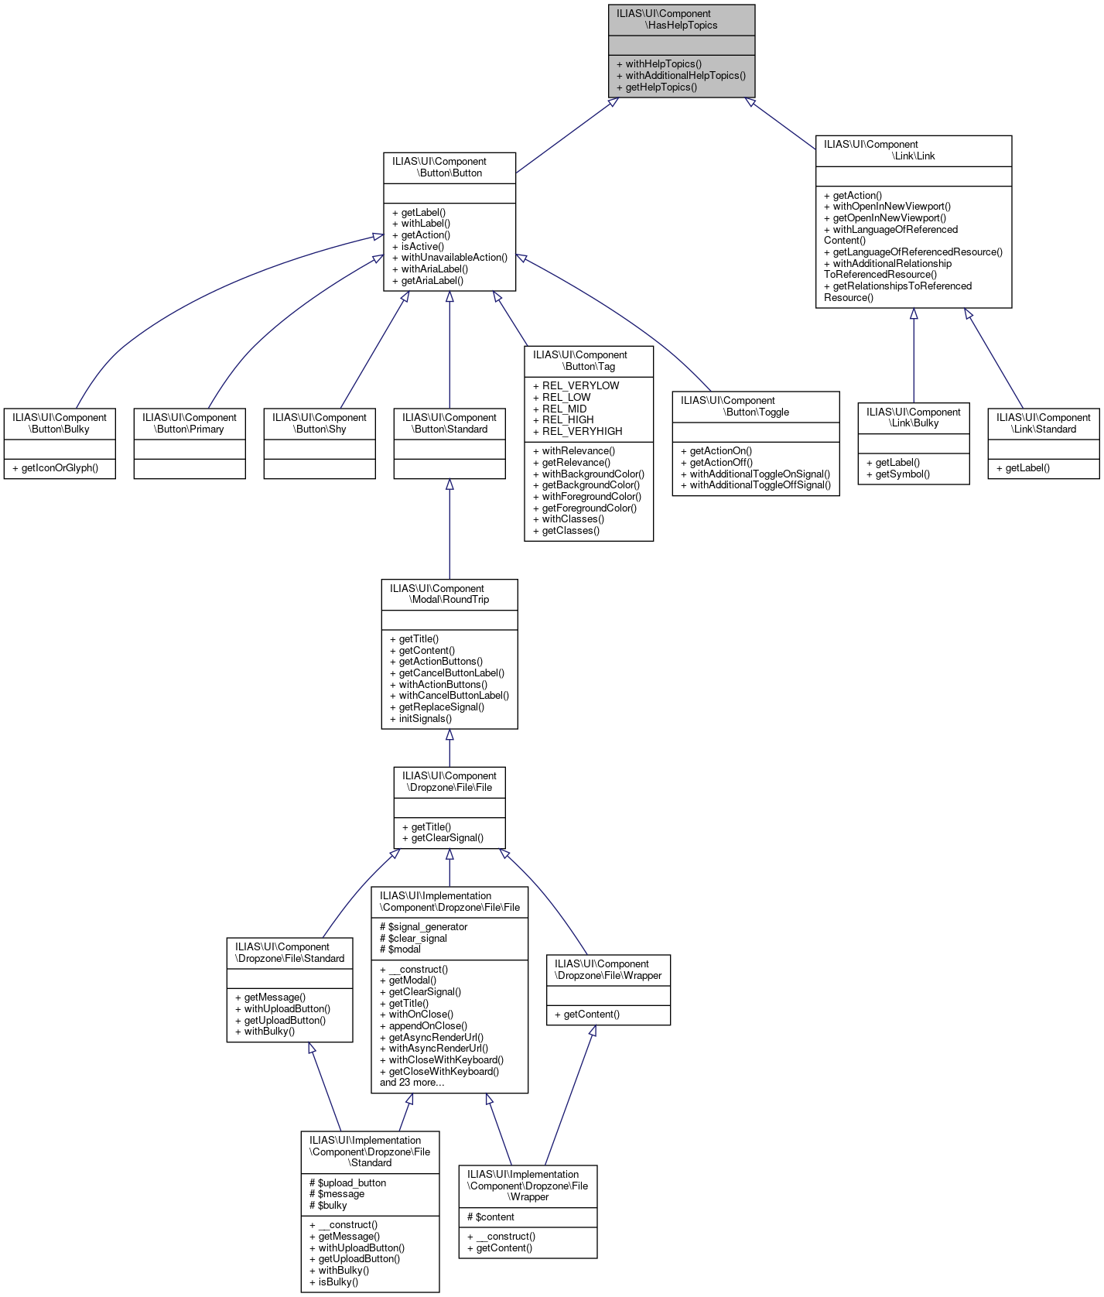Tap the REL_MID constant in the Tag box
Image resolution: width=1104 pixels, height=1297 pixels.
click(x=564, y=409)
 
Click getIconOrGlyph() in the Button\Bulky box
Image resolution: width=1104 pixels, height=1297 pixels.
click(x=60, y=468)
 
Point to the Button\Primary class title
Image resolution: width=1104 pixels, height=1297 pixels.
click(x=190, y=423)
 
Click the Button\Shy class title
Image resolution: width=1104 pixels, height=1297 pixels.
click(x=320, y=423)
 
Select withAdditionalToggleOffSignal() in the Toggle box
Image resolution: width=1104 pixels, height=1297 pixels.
click(x=760, y=485)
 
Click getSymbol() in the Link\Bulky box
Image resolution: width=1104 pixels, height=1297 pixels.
click(x=902, y=474)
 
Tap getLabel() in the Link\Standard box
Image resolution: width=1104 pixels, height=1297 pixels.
click(x=1027, y=468)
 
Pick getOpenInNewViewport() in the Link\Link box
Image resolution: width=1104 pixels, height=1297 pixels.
click(x=889, y=218)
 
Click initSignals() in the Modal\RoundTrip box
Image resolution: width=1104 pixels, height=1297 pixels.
click(x=425, y=719)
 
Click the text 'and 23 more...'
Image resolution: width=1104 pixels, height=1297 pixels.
click(x=412, y=1083)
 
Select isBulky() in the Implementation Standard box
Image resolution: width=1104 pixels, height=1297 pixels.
click(x=338, y=1282)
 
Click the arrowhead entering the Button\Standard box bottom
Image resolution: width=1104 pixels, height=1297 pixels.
click(x=449, y=485)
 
